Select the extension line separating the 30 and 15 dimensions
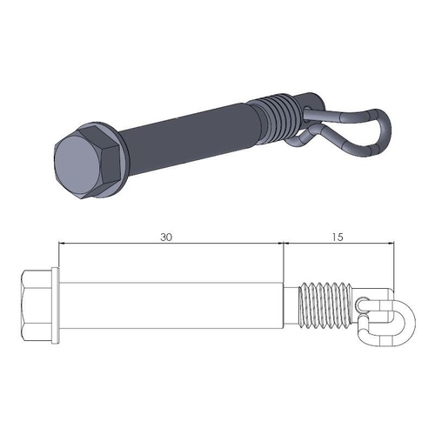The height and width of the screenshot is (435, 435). (285, 261)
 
